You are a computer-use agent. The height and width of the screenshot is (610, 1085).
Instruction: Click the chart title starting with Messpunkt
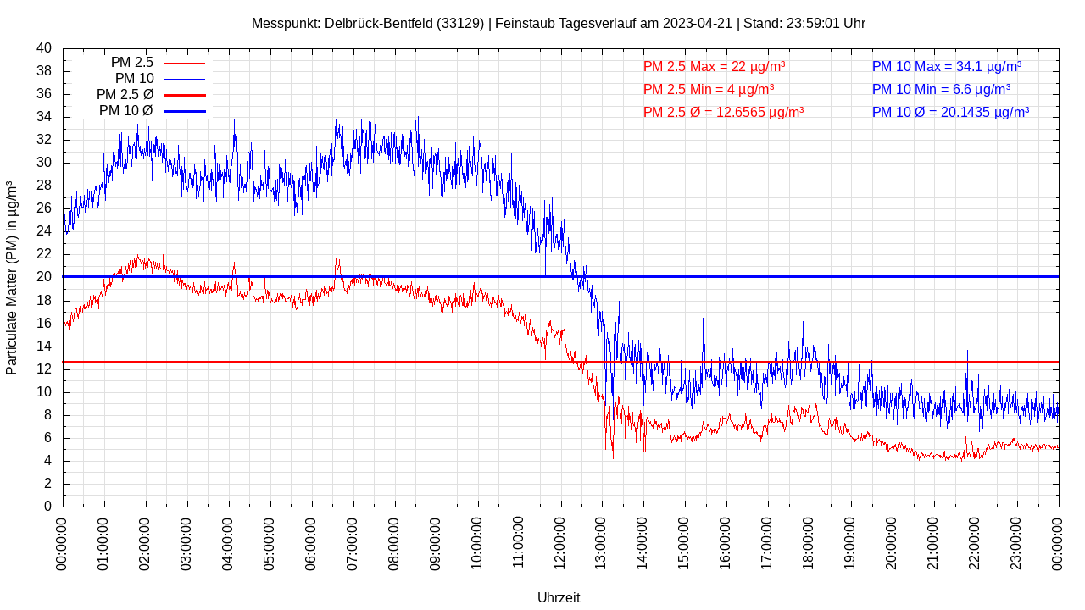point(559,23)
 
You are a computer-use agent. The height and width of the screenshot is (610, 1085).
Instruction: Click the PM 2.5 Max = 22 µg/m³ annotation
point(714,66)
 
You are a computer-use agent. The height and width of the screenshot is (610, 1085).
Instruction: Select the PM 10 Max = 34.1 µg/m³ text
point(946,66)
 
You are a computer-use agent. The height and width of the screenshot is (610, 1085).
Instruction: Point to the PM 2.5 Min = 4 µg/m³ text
point(708,89)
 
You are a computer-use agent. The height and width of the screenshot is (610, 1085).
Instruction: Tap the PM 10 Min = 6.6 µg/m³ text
point(941,89)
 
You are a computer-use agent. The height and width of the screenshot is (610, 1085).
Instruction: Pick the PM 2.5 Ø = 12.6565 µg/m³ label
point(723,112)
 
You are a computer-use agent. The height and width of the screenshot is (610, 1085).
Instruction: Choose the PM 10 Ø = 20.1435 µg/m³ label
point(950,112)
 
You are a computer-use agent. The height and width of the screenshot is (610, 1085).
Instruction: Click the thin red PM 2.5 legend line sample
point(185,63)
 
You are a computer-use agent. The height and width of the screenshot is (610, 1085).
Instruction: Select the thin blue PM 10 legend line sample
point(185,79)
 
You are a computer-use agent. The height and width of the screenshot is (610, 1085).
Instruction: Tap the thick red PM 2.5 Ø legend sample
point(185,95)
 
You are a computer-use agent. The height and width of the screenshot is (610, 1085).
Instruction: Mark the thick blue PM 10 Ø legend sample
point(185,111)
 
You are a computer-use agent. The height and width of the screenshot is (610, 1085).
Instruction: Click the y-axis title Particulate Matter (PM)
point(12,278)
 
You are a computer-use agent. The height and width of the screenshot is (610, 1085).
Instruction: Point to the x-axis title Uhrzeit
point(559,597)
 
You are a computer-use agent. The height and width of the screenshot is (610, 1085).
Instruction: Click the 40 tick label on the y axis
point(44,48)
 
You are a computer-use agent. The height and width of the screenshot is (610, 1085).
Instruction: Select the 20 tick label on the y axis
point(44,277)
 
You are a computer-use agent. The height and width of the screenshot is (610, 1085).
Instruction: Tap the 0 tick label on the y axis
point(47,507)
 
